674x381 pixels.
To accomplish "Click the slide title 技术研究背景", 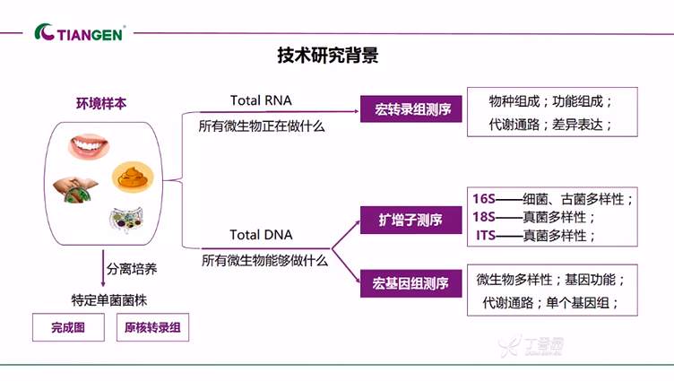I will (x=327, y=56).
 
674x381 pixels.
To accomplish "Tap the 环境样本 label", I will (x=100, y=104).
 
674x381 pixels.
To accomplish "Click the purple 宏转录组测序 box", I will (x=411, y=111).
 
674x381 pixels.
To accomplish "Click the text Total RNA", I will (x=261, y=100).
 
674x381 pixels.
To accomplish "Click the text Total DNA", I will (x=261, y=235).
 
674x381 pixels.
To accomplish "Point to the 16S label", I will (x=482, y=198).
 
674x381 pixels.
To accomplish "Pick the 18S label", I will (x=482, y=217).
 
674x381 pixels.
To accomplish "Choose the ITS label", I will (x=482, y=236).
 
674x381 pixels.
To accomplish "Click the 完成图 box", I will (x=68, y=328).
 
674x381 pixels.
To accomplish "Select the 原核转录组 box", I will (x=153, y=328).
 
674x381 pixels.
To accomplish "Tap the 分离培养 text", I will (x=132, y=267).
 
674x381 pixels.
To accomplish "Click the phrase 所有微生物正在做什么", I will (x=262, y=127).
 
